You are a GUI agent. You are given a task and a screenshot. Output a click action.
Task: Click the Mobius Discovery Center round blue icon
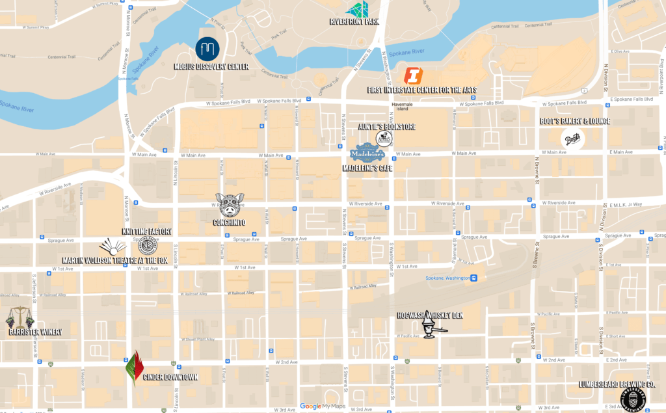[x=207, y=49]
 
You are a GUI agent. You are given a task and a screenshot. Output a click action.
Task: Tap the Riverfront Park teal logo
[x=357, y=9]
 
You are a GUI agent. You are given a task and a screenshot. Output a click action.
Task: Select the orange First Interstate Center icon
[x=413, y=75]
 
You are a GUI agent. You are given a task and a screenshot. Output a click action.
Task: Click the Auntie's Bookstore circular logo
[x=384, y=139]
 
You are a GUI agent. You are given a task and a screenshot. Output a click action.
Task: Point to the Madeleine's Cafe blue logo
[x=368, y=153]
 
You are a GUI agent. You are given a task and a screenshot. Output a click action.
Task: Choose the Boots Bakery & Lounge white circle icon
[x=572, y=139]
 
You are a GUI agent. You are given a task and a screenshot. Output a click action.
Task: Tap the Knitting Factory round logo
[x=147, y=246]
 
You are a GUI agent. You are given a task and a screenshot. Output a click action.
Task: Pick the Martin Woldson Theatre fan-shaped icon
[x=113, y=247]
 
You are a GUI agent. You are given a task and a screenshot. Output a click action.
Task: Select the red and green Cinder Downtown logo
[x=134, y=369]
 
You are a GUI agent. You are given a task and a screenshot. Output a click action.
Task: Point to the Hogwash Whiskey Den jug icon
[x=430, y=327]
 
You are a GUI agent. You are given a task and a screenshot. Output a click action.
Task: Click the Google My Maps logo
[x=323, y=406]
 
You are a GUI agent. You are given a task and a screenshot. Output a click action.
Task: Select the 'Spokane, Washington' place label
[x=440, y=278]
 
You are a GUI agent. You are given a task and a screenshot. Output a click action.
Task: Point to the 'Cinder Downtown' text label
[x=170, y=377]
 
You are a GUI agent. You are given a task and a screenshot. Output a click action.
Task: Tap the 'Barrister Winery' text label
[x=35, y=332]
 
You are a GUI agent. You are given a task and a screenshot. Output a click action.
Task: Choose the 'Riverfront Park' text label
[x=354, y=21]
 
